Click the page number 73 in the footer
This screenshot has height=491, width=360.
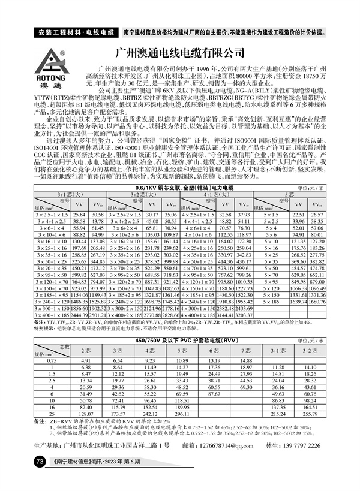click(x=40, y=462)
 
